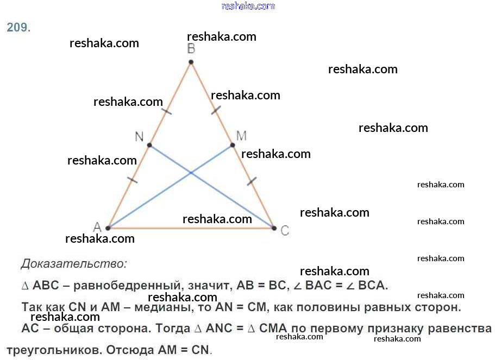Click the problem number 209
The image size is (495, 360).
click(x=18, y=28)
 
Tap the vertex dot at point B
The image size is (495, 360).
click(x=191, y=62)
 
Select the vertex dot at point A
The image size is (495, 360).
click(x=108, y=228)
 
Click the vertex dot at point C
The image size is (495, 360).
click(x=274, y=228)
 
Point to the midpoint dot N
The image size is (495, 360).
click(x=149, y=145)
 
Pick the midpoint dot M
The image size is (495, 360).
click(x=233, y=145)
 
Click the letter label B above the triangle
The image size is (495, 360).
click(x=191, y=49)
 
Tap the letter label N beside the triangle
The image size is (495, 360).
click(x=139, y=137)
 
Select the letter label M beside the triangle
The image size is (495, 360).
click(x=241, y=136)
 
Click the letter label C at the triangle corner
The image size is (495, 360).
click(x=285, y=231)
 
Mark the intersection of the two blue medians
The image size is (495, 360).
click(x=191, y=173)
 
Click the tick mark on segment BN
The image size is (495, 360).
click(x=166, y=111)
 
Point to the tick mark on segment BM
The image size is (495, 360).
click(x=216, y=110)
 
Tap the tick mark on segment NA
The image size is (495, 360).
click(x=132, y=180)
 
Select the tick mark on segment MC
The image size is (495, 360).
click(x=252, y=181)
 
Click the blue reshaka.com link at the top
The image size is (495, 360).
click(x=248, y=6)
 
